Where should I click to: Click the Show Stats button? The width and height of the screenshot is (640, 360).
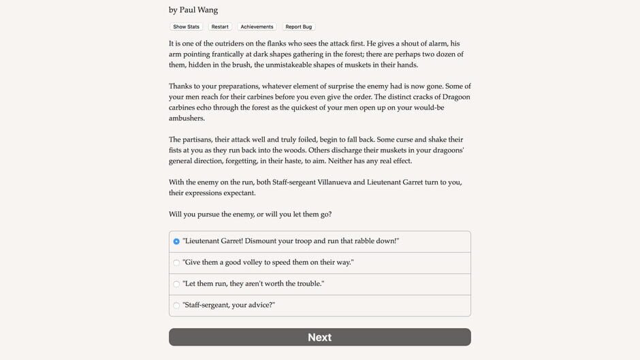pyautogui.click(x=186, y=27)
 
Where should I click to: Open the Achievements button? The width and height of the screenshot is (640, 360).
pyautogui.click(x=257, y=27)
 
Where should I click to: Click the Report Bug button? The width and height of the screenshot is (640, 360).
pyautogui.click(x=298, y=27)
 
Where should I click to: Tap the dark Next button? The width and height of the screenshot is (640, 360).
pyautogui.click(x=319, y=337)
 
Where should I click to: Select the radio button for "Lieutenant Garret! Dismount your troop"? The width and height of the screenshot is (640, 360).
pyautogui.click(x=176, y=242)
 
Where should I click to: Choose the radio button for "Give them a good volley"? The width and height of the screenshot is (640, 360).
pyautogui.click(x=176, y=263)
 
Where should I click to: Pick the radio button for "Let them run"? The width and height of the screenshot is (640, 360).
pyautogui.click(x=176, y=284)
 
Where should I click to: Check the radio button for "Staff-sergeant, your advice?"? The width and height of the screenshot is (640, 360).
pyautogui.click(x=176, y=306)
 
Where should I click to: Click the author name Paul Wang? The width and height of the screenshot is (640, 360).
pyautogui.click(x=199, y=10)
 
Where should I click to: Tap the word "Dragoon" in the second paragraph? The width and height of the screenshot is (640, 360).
pyautogui.click(x=453, y=97)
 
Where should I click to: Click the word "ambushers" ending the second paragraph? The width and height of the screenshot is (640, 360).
pyautogui.click(x=187, y=118)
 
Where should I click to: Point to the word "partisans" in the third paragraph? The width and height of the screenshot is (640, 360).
pyautogui.click(x=203, y=140)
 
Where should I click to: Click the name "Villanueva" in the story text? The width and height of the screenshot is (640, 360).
pyautogui.click(x=327, y=182)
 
